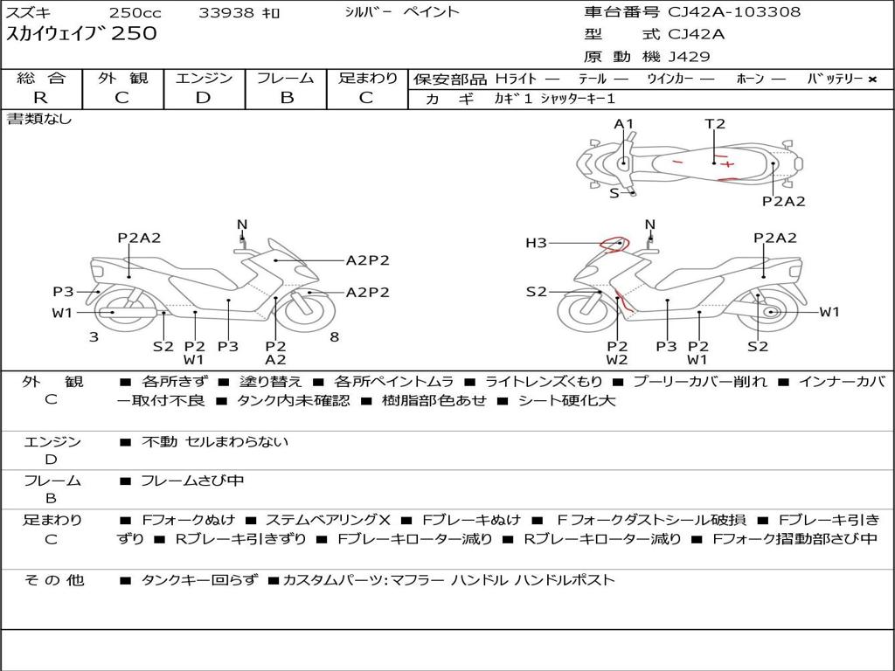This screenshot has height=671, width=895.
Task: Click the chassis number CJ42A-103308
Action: (734, 11)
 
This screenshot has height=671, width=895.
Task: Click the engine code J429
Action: (689, 57)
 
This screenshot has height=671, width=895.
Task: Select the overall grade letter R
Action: (40, 98)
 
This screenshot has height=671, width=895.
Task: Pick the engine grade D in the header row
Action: (203, 98)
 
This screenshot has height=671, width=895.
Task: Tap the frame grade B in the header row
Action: (287, 98)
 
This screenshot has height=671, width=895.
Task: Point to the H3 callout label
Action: (536, 243)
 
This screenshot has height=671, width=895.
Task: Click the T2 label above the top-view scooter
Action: (715, 124)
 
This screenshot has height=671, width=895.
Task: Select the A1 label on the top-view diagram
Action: (624, 124)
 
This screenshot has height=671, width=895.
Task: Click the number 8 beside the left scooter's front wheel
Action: (335, 337)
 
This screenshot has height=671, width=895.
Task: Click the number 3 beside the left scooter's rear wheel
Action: (94, 337)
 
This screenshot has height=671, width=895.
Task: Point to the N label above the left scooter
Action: (242, 225)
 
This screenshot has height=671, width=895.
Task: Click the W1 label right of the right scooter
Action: (829, 312)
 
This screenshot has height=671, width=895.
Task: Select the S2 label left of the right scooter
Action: (537, 292)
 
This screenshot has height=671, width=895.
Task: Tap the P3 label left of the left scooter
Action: (63, 292)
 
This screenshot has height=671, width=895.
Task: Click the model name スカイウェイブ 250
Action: (81, 33)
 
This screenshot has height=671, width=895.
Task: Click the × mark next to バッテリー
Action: (872, 80)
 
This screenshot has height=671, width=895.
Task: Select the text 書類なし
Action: (38, 119)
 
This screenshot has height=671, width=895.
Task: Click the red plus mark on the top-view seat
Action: (727, 164)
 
